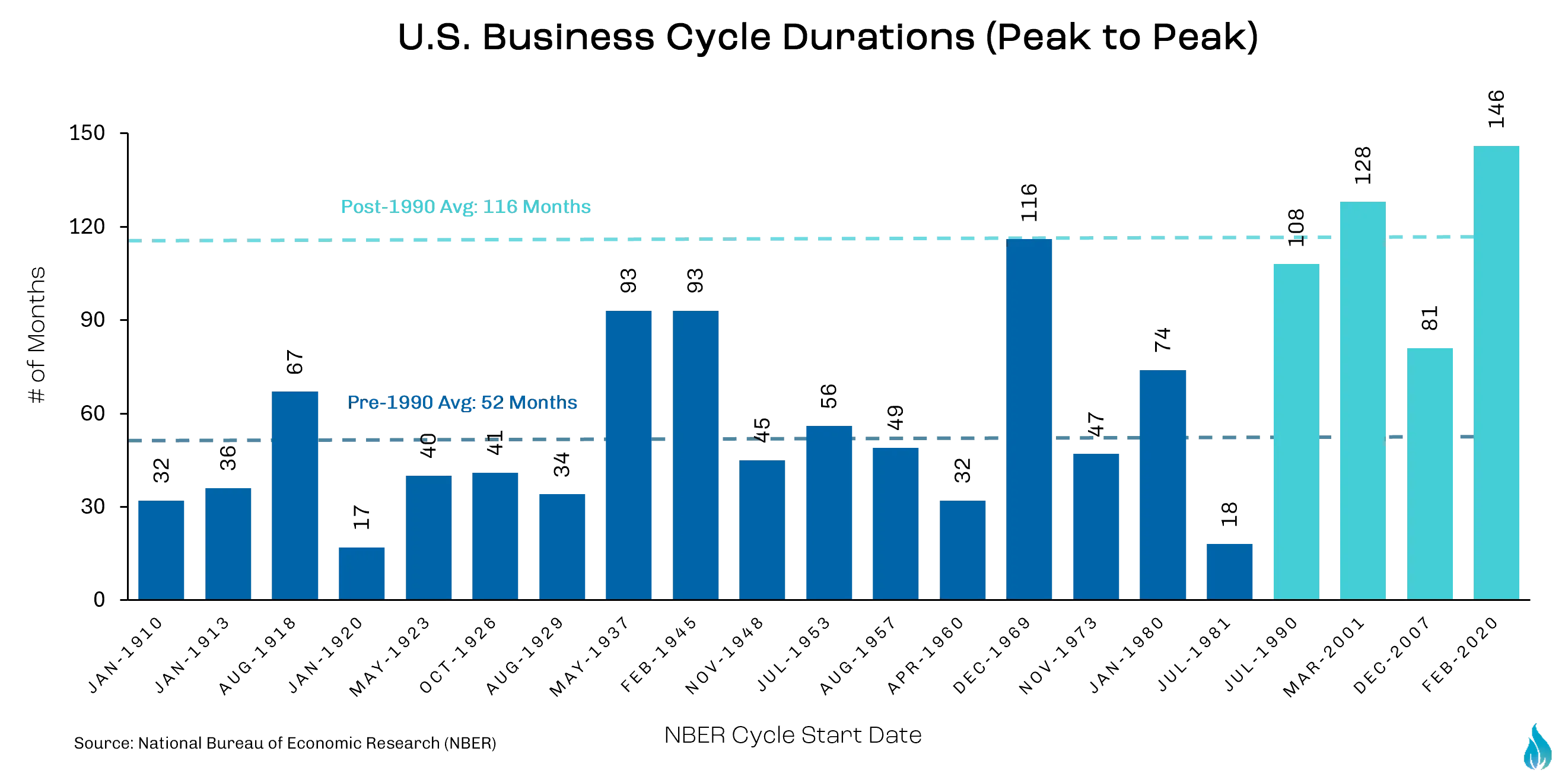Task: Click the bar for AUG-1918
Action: pyautogui.click(x=295, y=495)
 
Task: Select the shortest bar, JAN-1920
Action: pyautogui.click(x=361, y=574)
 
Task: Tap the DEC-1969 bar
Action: pyautogui.click(x=1029, y=419)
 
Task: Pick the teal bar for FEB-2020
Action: pyautogui.click(x=1496, y=373)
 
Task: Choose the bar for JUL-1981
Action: pyautogui.click(x=1229, y=572)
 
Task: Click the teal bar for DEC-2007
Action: pyautogui.click(x=1430, y=474)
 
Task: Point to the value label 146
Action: pyautogui.click(x=1496, y=109)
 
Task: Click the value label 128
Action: pyautogui.click(x=1363, y=165)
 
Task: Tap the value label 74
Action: pyautogui.click(x=1162, y=339)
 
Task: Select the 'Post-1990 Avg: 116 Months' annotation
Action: pyautogui.click(x=465, y=206)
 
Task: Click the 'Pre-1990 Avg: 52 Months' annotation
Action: pyautogui.click(x=462, y=402)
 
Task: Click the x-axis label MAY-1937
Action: pyautogui.click(x=589, y=656)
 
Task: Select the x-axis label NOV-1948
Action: pyautogui.click(x=724, y=656)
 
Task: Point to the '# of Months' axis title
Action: pyautogui.click(x=37, y=335)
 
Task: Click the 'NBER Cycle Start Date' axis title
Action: pyautogui.click(x=793, y=735)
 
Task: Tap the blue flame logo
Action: pyautogui.click(x=1538, y=747)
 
